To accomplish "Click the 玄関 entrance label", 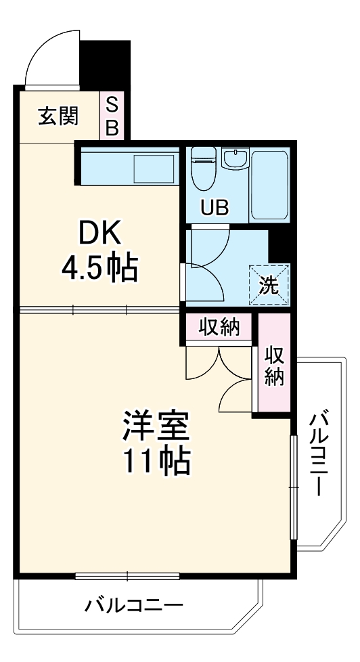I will pos(58,116).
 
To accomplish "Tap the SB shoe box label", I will pos(112,116).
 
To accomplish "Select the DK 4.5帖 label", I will pos(99,251).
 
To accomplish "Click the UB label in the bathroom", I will pos(214,208).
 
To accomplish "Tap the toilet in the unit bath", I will pos(202,169).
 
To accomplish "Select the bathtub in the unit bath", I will pos(270,184).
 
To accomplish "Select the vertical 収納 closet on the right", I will pos(273,366).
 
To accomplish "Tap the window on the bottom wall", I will pos(127,576).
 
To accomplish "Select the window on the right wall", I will pos(294,487).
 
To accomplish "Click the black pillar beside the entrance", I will pos(105,65).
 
